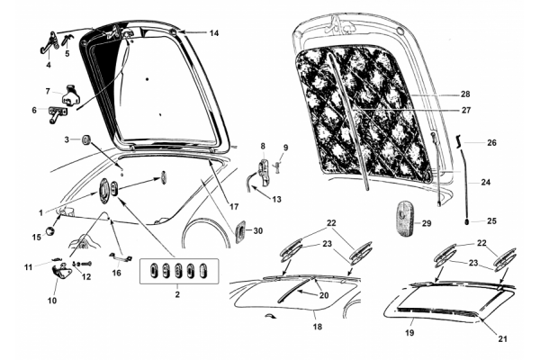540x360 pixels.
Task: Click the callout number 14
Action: (x=214, y=33)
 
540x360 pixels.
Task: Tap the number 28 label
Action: (x=465, y=94)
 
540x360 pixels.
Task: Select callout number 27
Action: (x=465, y=110)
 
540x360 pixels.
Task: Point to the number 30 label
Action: (x=258, y=230)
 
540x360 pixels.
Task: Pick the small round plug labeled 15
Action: (x=50, y=230)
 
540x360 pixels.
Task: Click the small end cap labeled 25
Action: (x=466, y=221)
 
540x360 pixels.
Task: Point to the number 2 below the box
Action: (x=177, y=294)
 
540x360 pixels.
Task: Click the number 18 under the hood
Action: (x=317, y=326)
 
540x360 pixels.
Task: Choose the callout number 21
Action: (x=503, y=339)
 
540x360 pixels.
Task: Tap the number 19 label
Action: (x=409, y=333)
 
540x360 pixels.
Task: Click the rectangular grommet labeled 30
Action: (x=240, y=231)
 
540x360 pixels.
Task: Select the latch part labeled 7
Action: (x=71, y=94)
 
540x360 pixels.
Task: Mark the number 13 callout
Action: (x=276, y=199)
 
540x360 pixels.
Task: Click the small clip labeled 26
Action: (x=458, y=141)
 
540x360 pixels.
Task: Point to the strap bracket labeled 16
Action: (x=120, y=257)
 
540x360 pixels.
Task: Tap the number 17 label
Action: (x=234, y=207)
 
